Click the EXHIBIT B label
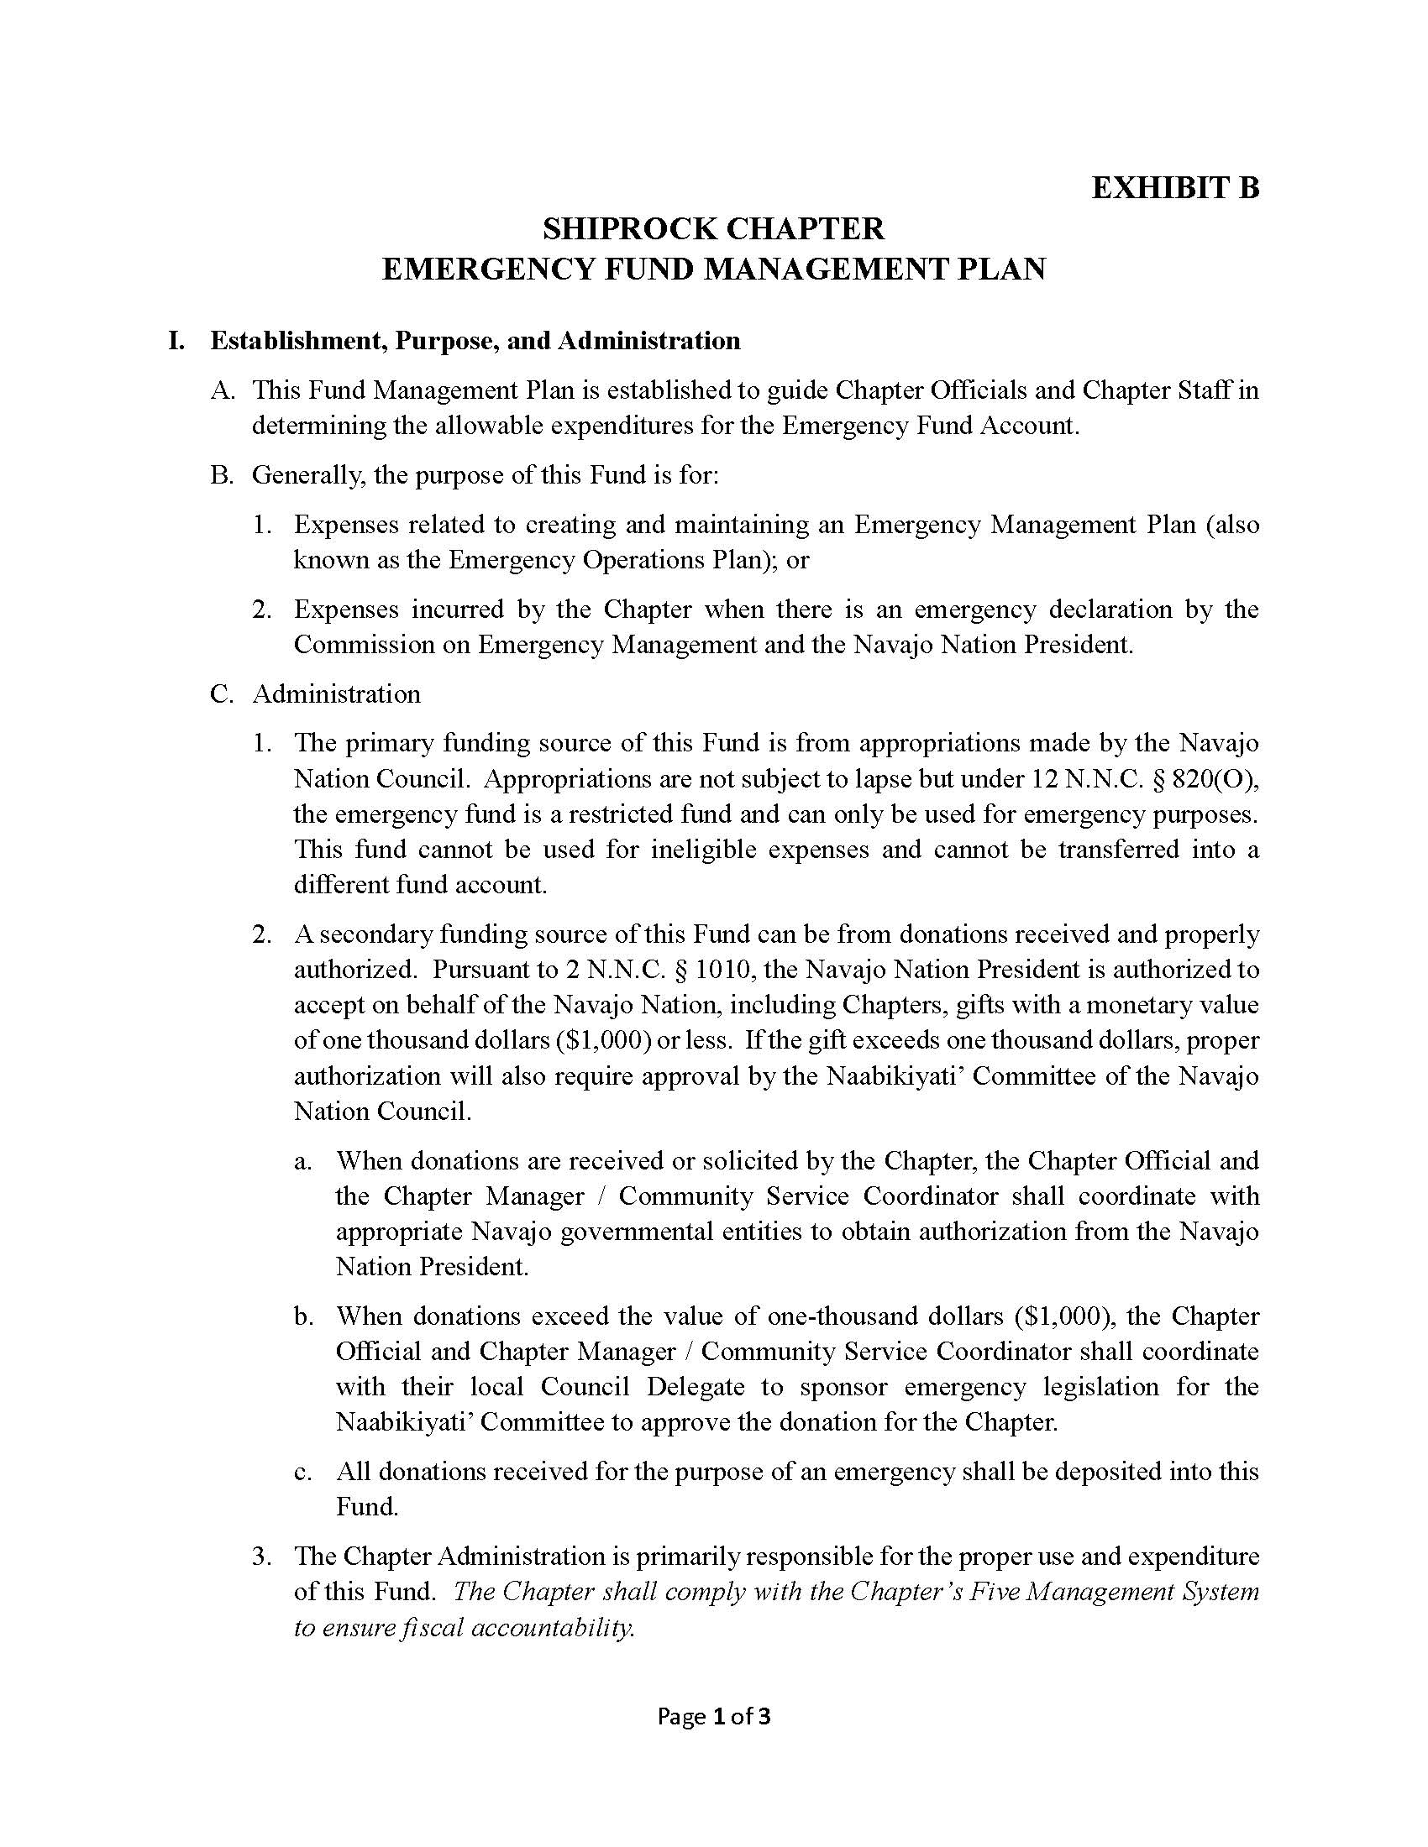pyautogui.click(x=1175, y=187)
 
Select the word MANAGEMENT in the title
pyautogui.click(x=823, y=269)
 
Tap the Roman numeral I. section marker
pyautogui.click(x=176, y=341)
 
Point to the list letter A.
pyautogui.click(x=222, y=390)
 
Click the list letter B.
pyautogui.click(x=221, y=475)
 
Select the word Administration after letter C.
pyautogui.click(x=336, y=694)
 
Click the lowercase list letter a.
pyautogui.click(x=303, y=1161)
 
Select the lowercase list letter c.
pyautogui.click(x=303, y=1473)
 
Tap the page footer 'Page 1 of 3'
pyautogui.click(x=714, y=1716)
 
